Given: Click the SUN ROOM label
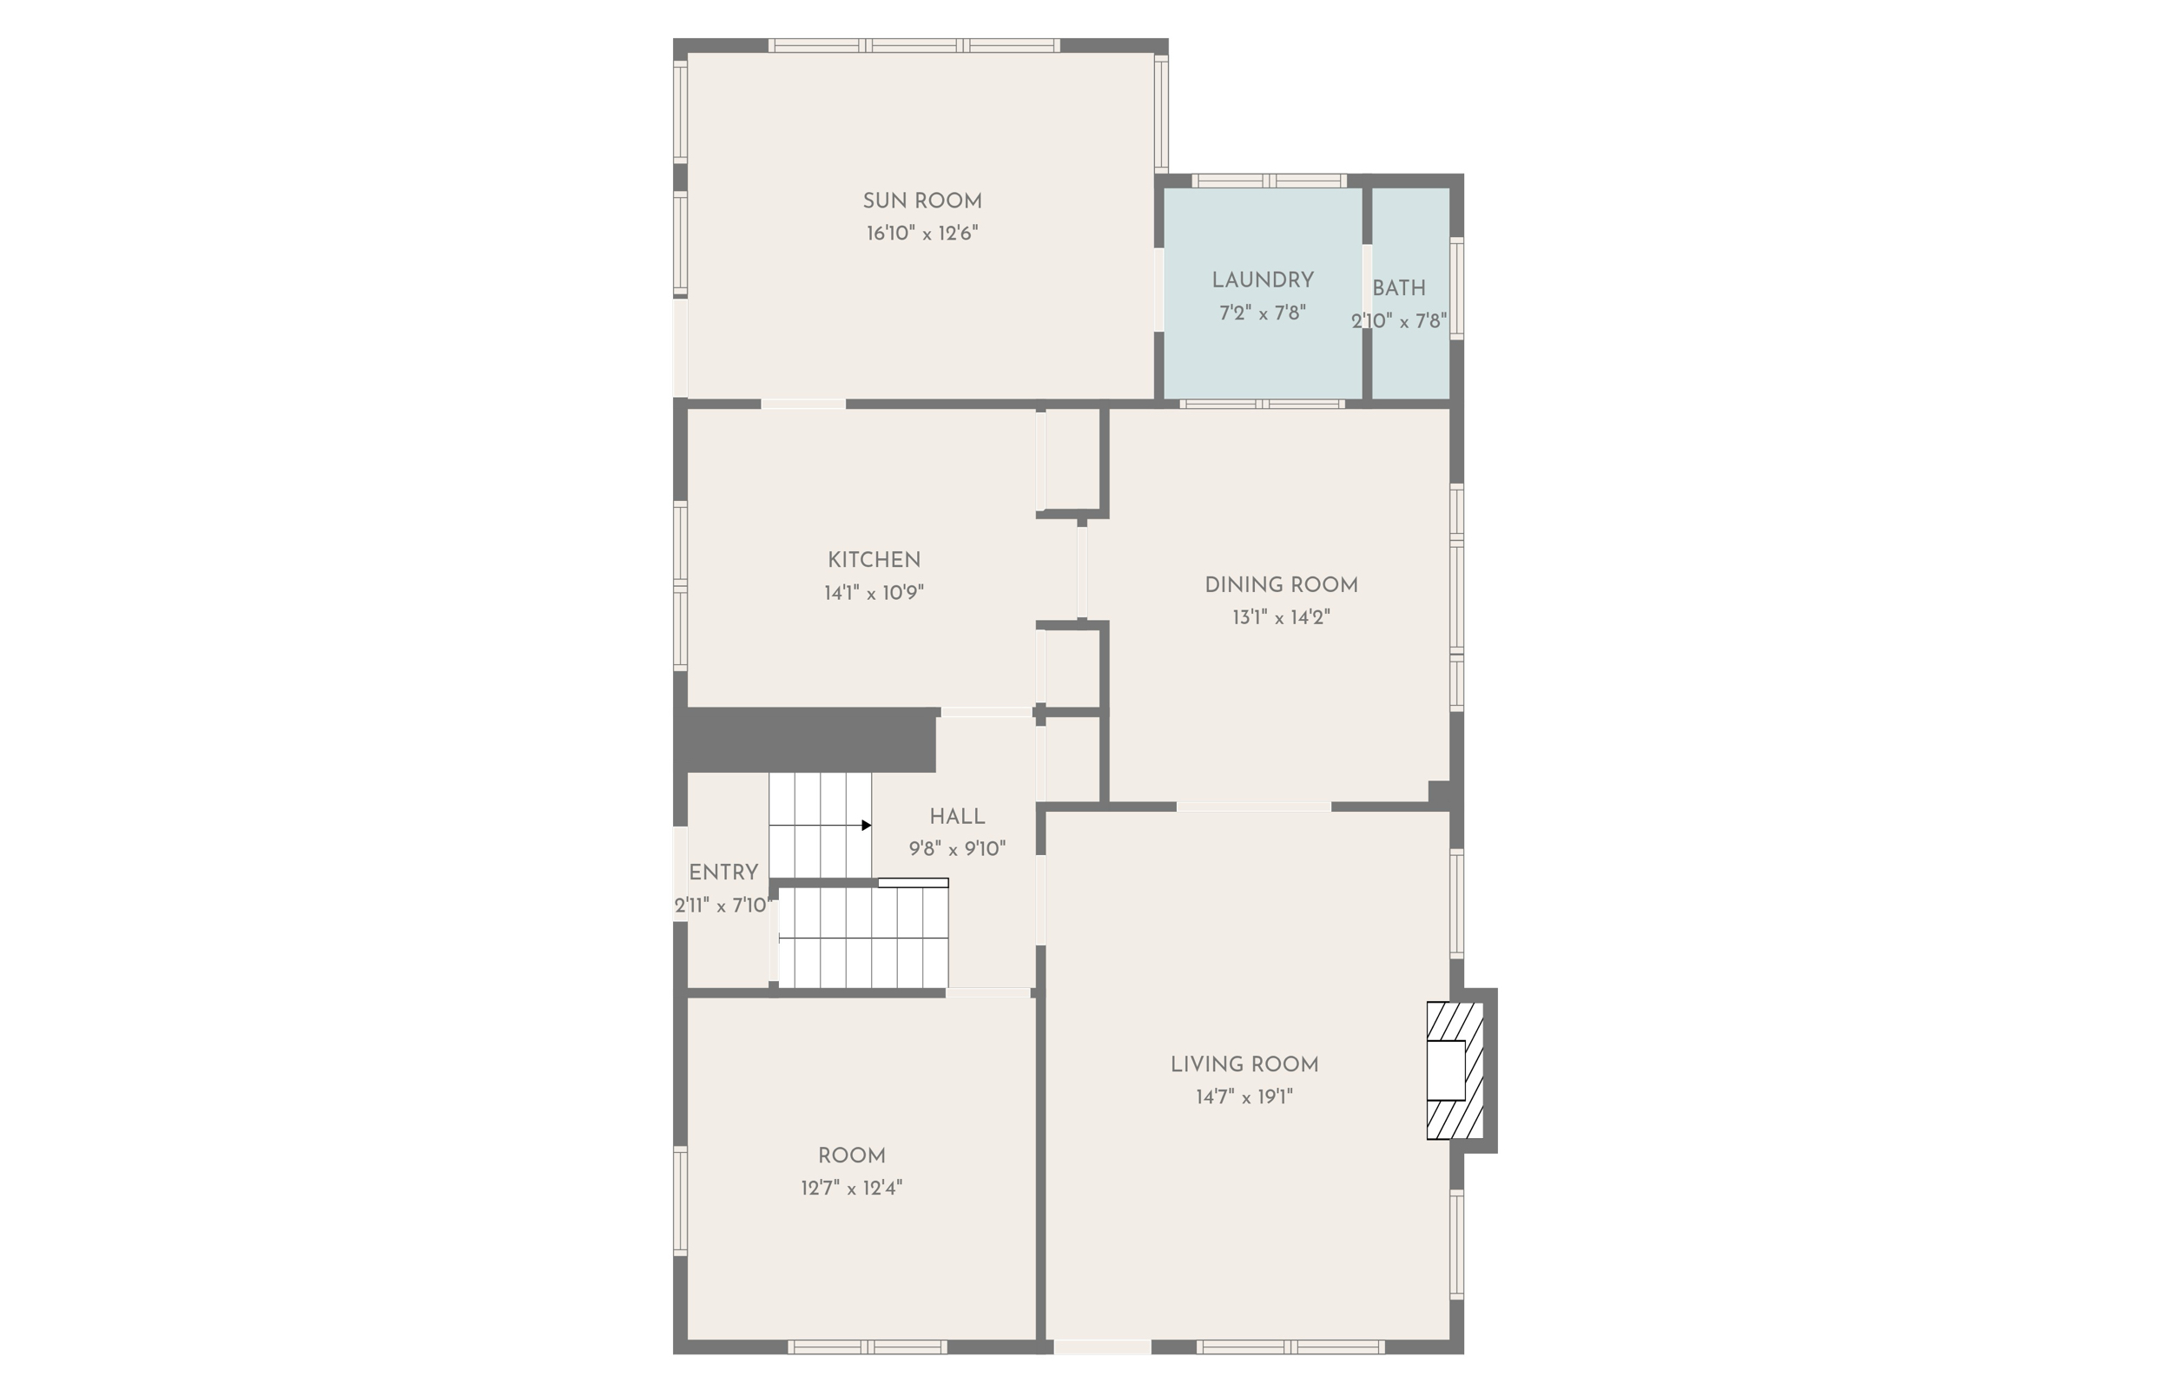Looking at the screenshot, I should click(x=922, y=201).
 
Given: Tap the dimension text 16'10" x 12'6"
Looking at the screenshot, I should click(x=922, y=233).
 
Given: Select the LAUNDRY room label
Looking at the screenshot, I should click(x=1263, y=280).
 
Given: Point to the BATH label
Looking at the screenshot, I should click(x=1399, y=288).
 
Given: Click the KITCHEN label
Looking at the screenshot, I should click(x=874, y=560).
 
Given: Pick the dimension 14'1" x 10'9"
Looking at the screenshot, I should click(x=874, y=593).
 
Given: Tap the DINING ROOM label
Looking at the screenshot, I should click(x=1281, y=584).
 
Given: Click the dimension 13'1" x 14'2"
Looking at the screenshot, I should click(x=1281, y=617).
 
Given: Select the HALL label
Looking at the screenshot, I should click(x=957, y=817).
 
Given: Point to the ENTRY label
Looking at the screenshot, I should click(x=723, y=872).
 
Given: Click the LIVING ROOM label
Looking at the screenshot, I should click(x=1244, y=1064).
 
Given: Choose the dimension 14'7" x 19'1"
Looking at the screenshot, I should click(x=1244, y=1096).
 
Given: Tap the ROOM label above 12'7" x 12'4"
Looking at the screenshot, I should click(x=851, y=1156).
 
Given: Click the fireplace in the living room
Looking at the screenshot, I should click(x=1454, y=1070).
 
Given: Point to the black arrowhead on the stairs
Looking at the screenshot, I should click(x=866, y=825).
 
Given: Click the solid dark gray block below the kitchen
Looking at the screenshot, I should click(x=807, y=740).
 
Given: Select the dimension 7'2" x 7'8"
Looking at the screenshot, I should click(x=1263, y=313).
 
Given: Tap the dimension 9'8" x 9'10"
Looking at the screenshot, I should click(x=957, y=849).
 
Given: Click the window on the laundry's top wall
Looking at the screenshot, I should click(x=1268, y=181).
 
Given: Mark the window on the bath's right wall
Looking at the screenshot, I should click(x=1456, y=288).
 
